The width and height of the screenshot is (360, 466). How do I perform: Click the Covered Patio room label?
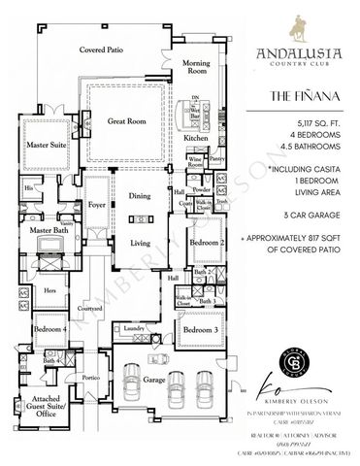pyautogui.click(x=101, y=48)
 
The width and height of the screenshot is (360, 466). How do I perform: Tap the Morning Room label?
pyautogui.click(x=197, y=66)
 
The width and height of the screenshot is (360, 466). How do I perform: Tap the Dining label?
pyautogui.click(x=143, y=196)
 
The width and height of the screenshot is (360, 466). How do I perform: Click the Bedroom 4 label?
pyautogui.click(x=51, y=330)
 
